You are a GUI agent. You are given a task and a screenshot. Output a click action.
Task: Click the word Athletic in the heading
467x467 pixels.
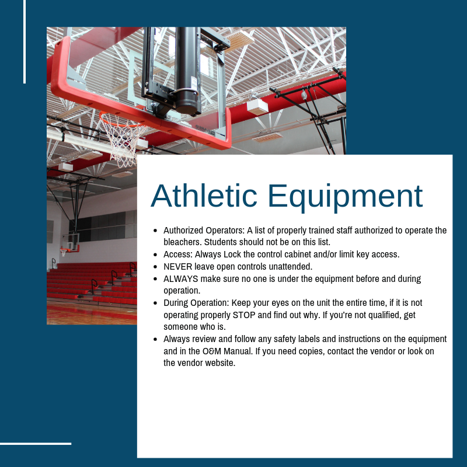(x=204, y=196)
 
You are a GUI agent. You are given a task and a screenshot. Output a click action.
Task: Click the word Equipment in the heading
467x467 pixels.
(x=346, y=198)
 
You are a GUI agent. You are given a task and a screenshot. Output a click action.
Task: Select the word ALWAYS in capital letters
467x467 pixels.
(x=181, y=279)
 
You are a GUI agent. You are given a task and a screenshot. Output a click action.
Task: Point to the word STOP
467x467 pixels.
(x=244, y=315)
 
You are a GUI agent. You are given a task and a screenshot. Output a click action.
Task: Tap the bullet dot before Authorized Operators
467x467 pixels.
(x=155, y=230)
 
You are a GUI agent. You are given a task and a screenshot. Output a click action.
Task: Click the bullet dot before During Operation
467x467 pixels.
(x=155, y=303)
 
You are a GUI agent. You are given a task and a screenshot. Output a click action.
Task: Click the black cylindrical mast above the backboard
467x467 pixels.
(x=187, y=71)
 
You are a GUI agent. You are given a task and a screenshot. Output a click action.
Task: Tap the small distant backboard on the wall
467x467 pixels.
(x=71, y=242)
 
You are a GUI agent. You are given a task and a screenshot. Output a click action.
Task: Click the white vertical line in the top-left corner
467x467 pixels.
(x=25, y=41)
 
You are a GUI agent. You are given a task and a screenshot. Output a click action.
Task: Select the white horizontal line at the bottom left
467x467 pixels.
(x=36, y=444)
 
